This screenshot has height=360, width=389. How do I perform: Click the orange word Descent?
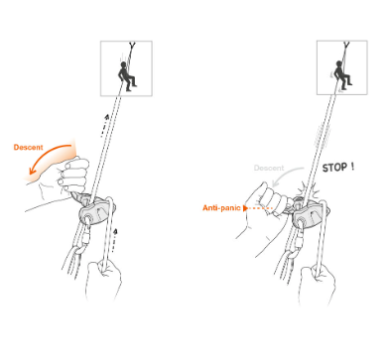click(x=28, y=147)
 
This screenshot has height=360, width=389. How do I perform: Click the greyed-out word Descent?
click(x=269, y=168)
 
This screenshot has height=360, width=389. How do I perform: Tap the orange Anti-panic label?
click(x=221, y=208)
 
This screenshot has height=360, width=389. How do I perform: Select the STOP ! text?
click(x=338, y=168)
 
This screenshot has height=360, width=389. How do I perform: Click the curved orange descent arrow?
click(x=47, y=155)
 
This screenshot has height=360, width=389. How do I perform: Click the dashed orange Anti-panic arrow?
click(x=258, y=208)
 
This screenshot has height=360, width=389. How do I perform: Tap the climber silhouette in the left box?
click(x=127, y=76)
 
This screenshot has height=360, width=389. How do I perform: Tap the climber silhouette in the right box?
click(x=342, y=75)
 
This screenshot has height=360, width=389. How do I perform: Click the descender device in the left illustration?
click(x=97, y=211)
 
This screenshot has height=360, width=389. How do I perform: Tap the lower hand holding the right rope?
click(x=317, y=285)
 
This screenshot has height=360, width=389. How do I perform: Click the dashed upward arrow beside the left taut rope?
click(x=104, y=126)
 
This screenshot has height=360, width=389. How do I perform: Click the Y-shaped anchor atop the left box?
click(x=133, y=46)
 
